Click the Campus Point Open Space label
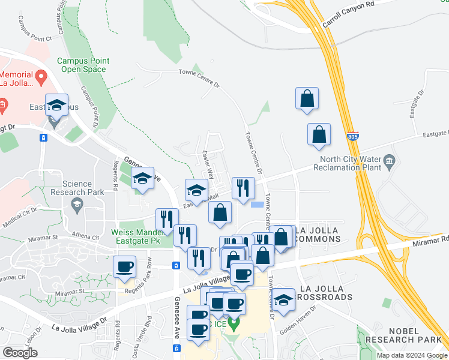coord(82,65)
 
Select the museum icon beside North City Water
coord(389,160)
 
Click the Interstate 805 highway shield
coord(354,137)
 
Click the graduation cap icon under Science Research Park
coord(77,206)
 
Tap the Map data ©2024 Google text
coord(411,355)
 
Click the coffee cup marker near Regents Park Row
coord(125,266)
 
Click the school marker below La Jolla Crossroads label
coord(283,299)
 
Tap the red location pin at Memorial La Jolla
coord(41,76)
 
